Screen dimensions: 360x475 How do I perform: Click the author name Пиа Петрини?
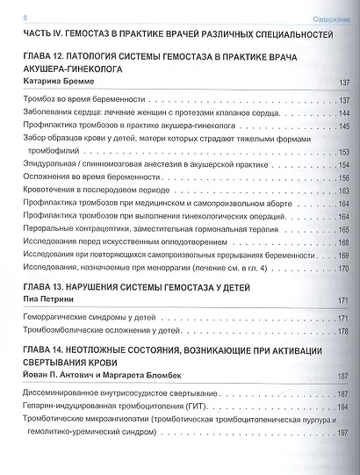tap(51, 300)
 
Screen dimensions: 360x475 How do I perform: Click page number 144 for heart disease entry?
tap(343, 114)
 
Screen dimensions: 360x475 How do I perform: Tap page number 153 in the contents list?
tap(343, 153)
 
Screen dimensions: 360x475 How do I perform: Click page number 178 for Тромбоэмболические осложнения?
tap(343, 331)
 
